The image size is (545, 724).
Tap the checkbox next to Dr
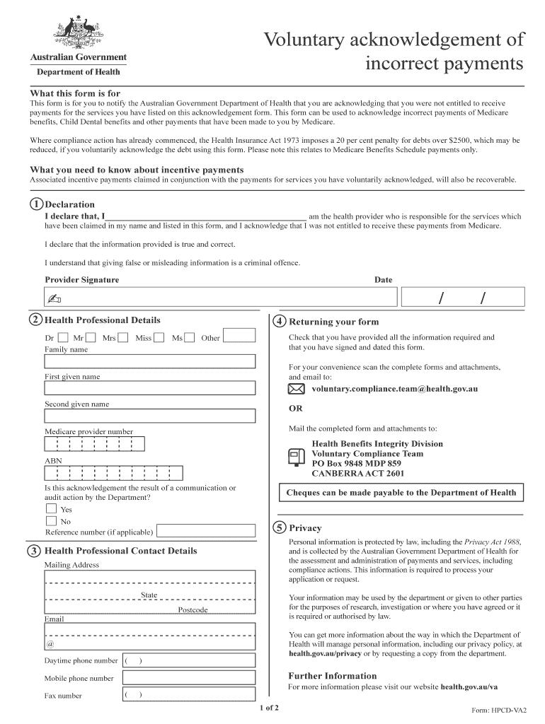tap(63, 338)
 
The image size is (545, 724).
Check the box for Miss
tap(159, 338)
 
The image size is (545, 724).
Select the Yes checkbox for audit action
tap(51, 508)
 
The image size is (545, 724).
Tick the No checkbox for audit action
tap(51, 521)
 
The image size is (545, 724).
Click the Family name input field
tap(150, 361)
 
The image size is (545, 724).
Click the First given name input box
tap(150, 388)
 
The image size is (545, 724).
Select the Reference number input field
tap(205, 532)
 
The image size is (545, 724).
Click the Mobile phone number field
tap(188, 678)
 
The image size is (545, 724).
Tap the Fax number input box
tap(188, 695)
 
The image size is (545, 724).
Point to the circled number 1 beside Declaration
tap(36, 204)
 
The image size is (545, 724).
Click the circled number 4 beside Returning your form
tap(280, 321)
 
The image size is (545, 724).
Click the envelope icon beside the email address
tap(297, 390)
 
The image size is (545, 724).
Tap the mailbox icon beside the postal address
tap(297, 457)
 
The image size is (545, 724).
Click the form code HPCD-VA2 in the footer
tap(504, 710)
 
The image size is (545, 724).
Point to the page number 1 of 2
tap(270, 707)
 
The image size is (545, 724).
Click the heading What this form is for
tap(75, 93)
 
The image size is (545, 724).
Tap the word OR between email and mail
tap(295, 409)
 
